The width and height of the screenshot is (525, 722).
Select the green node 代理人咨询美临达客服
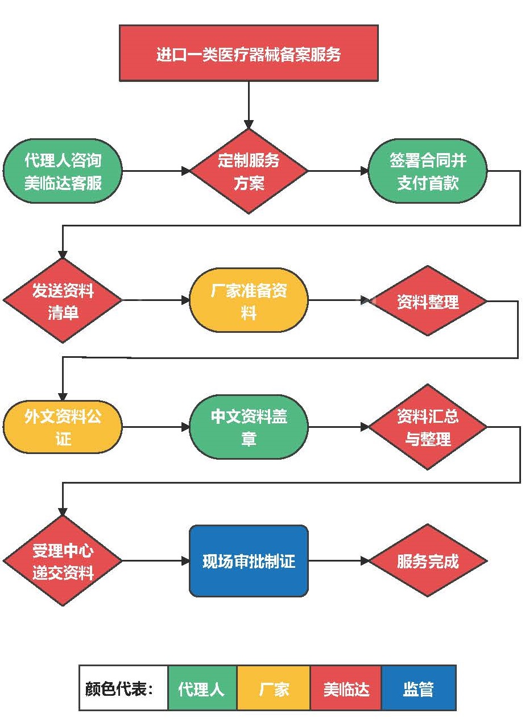click(x=63, y=171)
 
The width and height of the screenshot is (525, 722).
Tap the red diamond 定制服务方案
click(x=249, y=171)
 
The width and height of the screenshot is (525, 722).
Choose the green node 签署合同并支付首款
click(x=428, y=171)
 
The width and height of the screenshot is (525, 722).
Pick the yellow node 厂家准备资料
click(x=249, y=301)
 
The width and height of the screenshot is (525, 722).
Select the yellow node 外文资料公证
click(x=63, y=427)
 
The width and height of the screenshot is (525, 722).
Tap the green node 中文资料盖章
click(x=249, y=427)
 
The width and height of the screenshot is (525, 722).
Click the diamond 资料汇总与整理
click(x=428, y=427)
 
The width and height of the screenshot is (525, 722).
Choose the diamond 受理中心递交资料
click(x=63, y=561)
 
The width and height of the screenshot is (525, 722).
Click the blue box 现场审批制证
click(x=249, y=561)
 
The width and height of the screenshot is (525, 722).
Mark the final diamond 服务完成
click(x=428, y=561)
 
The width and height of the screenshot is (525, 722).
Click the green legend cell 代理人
click(x=202, y=688)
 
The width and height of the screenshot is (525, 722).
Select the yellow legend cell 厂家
click(x=274, y=688)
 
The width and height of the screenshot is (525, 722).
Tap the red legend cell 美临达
click(x=346, y=688)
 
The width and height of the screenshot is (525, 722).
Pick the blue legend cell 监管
click(x=419, y=688)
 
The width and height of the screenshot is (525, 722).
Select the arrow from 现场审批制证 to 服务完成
click(x=338, y=561)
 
